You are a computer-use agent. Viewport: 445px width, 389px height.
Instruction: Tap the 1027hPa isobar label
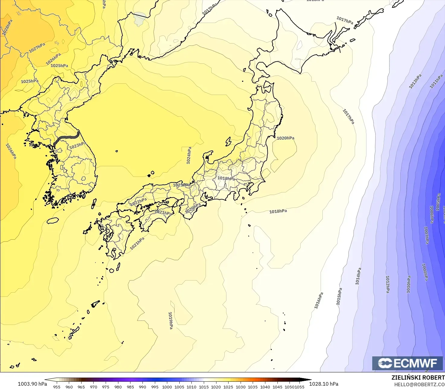(37, 48)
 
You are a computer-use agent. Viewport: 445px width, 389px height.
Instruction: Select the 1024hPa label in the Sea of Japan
(189, 156)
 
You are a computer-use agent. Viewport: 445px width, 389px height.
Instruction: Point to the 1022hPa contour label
(138, 202)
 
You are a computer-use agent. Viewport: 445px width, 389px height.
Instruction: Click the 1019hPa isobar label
(171, 320)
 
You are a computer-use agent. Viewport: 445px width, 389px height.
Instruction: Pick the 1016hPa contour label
(319, 300)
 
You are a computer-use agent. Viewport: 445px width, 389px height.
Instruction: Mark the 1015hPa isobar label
(339, 296)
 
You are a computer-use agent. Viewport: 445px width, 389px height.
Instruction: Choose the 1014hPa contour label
(358, 276)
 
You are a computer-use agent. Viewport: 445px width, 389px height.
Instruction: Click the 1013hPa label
(415, 82)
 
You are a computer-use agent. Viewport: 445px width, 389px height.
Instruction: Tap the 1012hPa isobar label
(388, 284)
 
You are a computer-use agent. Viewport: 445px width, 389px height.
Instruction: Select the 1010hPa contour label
(408, 284)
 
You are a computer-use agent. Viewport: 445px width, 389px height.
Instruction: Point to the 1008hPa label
(425, 272)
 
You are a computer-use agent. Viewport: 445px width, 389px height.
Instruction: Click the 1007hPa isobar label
(426, 235)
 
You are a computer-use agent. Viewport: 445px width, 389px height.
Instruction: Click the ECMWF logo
(407, 363)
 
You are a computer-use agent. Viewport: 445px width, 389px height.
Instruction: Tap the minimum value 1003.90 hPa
(32, 384)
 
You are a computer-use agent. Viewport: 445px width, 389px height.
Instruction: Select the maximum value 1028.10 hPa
(324, 384)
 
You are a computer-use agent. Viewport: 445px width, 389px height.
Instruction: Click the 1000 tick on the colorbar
(167, 387)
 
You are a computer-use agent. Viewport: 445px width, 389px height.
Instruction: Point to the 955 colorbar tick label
(57, 387)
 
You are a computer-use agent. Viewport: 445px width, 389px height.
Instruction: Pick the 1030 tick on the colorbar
(241, 387)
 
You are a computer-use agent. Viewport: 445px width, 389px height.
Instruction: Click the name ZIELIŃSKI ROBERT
(418, 378)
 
